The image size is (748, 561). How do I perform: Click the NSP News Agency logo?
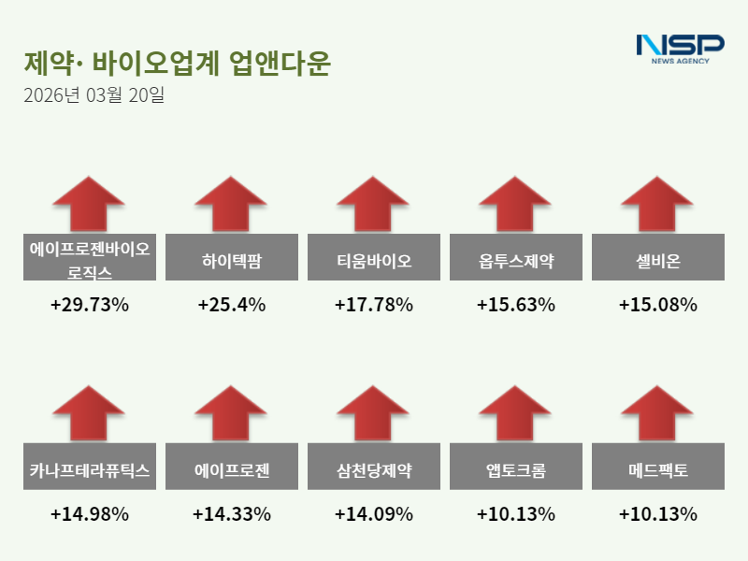coord(680,49)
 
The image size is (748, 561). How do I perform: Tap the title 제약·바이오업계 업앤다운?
coord(178,64)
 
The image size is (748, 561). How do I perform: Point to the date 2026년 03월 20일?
coord(93,95)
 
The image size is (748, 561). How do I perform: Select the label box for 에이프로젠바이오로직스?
coord(90,257)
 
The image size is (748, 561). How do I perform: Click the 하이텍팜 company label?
coord(231,257)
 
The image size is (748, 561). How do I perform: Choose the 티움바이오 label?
coord(374,257)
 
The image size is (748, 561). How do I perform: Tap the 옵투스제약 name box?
coord(516,257)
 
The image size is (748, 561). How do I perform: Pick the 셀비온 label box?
coord(658,257)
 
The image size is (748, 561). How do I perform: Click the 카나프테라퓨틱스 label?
coord(90,467)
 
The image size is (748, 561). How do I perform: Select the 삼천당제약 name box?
coord(374,467)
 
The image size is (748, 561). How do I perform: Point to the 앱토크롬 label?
coord(516,467)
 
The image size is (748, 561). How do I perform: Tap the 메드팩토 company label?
coord(658,467)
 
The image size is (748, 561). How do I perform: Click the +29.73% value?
coord(90,305)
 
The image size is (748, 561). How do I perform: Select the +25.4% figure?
coord(231,305)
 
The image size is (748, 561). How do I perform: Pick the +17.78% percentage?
coord(374,305)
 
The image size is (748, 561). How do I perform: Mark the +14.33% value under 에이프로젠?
coord(231,514)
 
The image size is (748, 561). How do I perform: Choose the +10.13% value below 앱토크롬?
coord(516,514)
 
